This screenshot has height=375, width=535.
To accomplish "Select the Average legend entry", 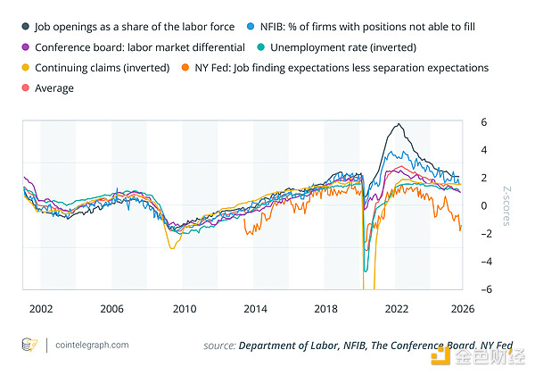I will click(53, 87).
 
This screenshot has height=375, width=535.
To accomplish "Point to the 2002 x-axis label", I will click(40, 308).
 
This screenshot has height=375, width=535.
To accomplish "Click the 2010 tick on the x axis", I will click(184, 308).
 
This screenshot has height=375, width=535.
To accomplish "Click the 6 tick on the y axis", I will click(481, 121).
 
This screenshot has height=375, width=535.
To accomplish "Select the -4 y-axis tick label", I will click(481, 262).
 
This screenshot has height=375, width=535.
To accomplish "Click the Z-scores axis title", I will click(505, 205).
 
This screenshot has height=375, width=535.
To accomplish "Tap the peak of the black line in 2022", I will click(398, 123).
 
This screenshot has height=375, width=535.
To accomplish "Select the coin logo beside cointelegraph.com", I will click(30, 345).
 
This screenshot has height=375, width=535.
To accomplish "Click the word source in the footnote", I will click(218, 345).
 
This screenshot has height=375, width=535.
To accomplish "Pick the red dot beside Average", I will click(24, 87).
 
